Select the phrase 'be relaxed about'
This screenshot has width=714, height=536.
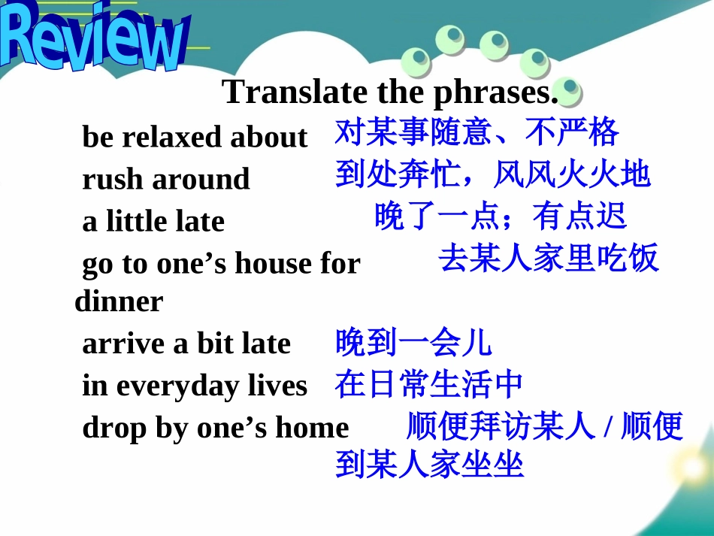(x=195, y=138)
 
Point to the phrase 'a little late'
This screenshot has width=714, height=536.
(x=153, y=222)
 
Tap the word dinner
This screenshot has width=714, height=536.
(x=119, y=302)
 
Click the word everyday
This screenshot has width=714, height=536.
(x=178, y=386)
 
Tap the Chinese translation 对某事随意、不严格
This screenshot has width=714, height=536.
(x=477, y=133)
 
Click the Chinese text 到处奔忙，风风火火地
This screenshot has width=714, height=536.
(x=492, y=175)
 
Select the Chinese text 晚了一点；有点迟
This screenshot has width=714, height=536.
(x=500, y=217)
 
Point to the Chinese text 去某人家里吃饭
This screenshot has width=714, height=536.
(x=549, y=259)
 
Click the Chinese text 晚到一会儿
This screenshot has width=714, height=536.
(x=413, y=342)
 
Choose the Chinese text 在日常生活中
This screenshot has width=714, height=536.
(x=428, y=384)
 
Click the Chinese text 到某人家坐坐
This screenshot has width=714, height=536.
(x=428, y=465)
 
